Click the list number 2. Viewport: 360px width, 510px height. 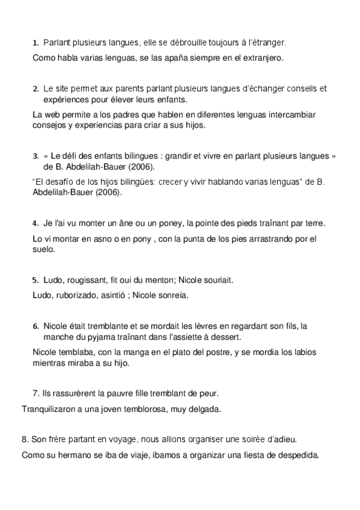coord(35,89)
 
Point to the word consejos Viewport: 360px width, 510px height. coord(48,125)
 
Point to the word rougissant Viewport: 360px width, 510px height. coord(83,280)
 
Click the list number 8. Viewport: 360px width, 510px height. coord(24,440)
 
